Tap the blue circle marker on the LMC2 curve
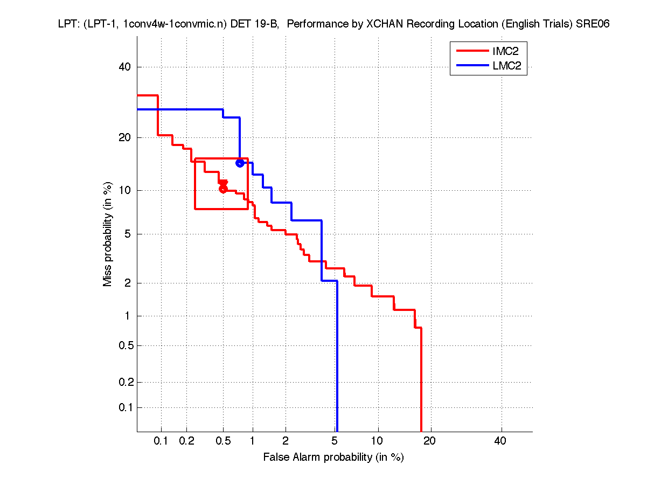point(240,163)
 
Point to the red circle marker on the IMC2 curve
point(223,189)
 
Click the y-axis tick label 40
point(125,67)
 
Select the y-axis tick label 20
point(125,137)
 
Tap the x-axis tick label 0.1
point(161,441)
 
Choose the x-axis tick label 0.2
point(187,441)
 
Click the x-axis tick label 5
point(335,441)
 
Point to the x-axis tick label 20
point(429,441)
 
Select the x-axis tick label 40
point(500,441)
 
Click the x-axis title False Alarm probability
point(333,458)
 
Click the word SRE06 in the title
point(593,24)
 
